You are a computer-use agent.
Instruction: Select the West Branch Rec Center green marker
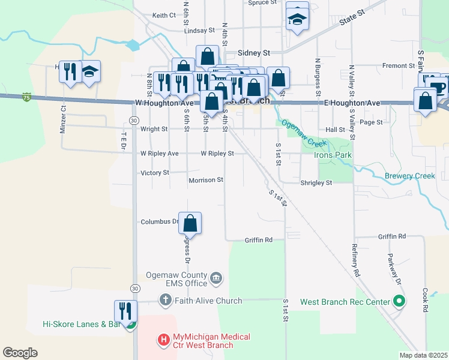click(398, 301)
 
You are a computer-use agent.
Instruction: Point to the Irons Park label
click(333, 155)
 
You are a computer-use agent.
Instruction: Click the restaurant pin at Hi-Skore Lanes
click(125, 311)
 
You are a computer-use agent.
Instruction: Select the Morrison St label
click(206, 179)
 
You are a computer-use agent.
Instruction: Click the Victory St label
click(154, 173)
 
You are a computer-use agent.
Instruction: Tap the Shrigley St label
click(316, 182)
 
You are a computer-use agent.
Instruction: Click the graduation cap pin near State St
click(297, 20)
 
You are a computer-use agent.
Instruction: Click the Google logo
click(20, 353)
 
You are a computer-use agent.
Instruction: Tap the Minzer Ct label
click(63, 120)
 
